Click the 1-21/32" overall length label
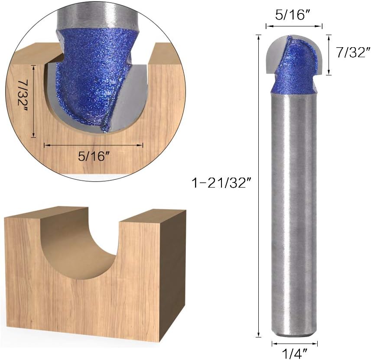[222, 183]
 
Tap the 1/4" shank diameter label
[294, 354]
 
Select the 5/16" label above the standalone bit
[293, 15]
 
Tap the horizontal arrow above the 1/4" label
[295, 344]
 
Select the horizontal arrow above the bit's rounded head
[294, 26]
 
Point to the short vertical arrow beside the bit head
[329, 55]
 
